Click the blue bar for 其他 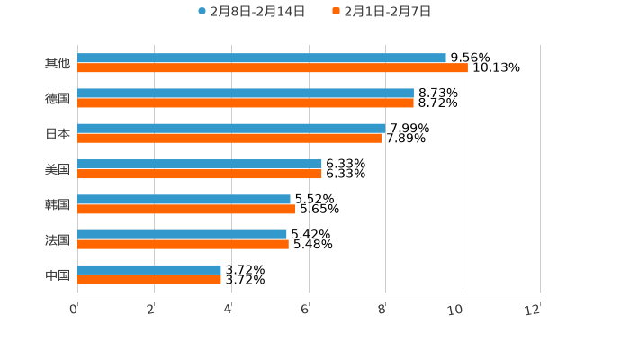[261, 58]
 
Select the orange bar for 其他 [272, 68]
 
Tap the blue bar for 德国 [245, 94]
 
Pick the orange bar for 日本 [229, 139]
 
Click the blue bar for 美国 [199, 164]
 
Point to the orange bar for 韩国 [186, 209]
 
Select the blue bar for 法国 [182, 234]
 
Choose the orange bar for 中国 [148, 279]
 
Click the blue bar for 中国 [148, 269]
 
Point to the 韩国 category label [58, 204]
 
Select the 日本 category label [58, 133]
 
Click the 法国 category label [58, 239]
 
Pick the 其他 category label [58, 63]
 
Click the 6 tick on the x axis [306, 310]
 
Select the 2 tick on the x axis [151, 310]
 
